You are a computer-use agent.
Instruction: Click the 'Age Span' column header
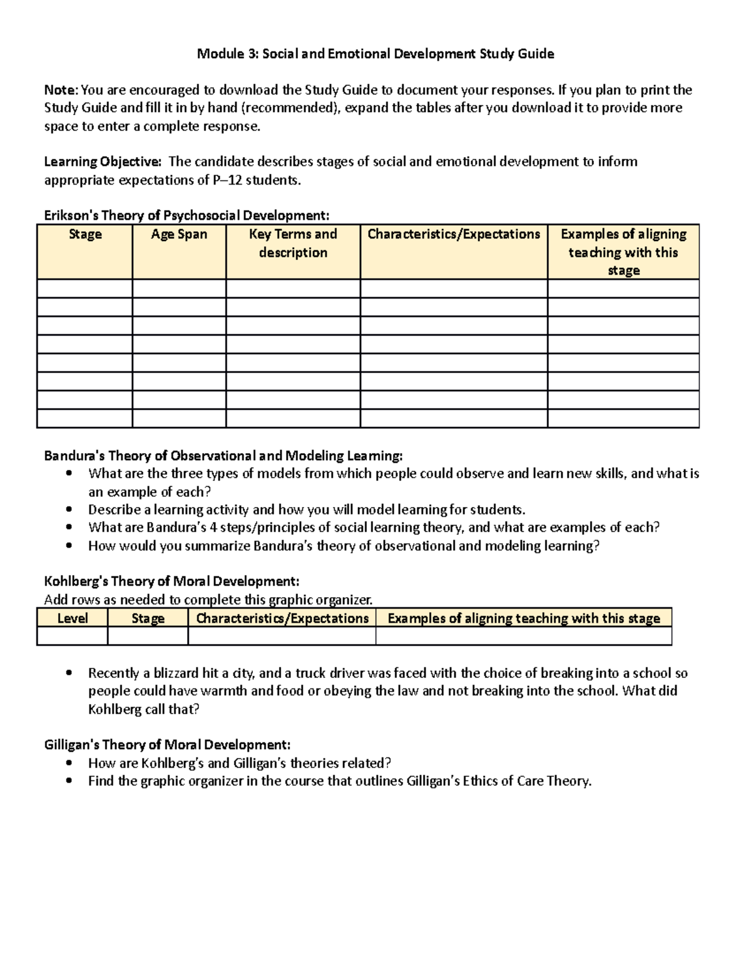click(x=179, y=235)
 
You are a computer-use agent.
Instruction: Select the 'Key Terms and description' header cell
click(x=293, y=243)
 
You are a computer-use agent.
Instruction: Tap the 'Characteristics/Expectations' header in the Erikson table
click(x=454, y=235)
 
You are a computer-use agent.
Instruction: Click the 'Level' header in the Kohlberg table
click(x=73, y=618)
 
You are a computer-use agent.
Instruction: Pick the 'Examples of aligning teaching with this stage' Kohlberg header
click(x=524, y=618)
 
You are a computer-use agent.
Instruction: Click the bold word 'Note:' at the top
click(x=61, y=90)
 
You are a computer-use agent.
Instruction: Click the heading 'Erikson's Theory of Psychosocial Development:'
click(x=186, y=216)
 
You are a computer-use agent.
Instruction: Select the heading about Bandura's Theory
click(x=223, y=456)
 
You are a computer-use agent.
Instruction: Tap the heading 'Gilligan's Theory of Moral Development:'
click(x=167, y=745)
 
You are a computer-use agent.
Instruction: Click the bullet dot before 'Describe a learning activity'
click(x=69, y=509)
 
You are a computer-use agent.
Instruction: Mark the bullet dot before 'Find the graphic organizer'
click(x=69, y=781)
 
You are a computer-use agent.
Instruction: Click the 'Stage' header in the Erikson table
click(x=85, y=235)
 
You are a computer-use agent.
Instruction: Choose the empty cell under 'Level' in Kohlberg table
click(x=73, y=636)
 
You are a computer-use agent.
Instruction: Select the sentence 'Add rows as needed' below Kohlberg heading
click(x=208, y=600)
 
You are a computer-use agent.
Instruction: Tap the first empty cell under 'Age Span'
click(x=179, y=289)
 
